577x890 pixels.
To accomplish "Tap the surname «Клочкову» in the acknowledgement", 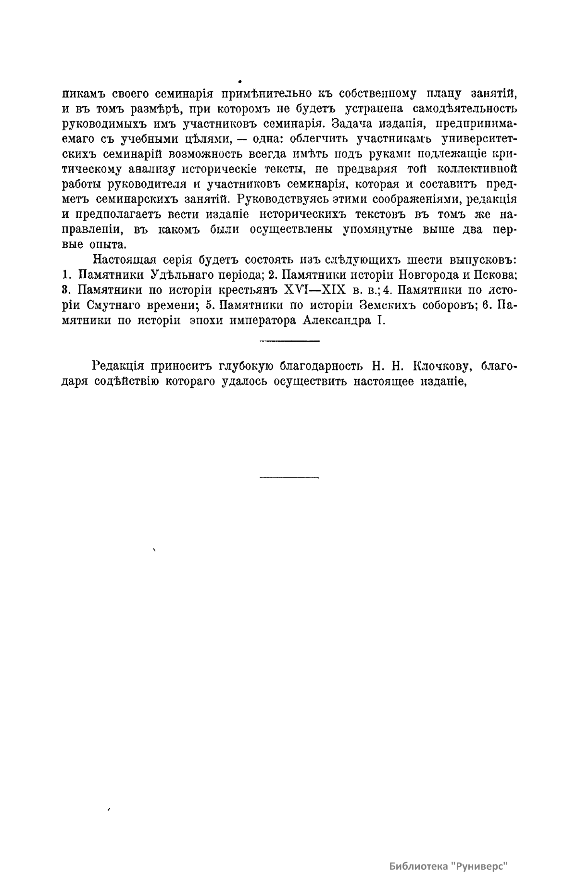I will coord(440,367).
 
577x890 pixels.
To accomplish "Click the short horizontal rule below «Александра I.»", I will coord(289,342).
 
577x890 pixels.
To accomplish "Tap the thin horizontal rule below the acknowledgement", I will coord(289,478).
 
